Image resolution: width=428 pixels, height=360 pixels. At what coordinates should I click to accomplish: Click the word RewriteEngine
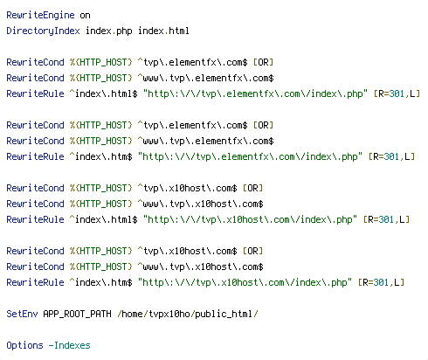(x=40, y=15)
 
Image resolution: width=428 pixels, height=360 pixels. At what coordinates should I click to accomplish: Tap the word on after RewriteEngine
(x=85, y=16)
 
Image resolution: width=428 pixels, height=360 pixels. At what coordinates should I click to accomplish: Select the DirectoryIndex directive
(x=43, y=31)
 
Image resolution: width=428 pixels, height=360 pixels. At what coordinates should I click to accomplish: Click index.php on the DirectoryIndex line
(x=109, y=31)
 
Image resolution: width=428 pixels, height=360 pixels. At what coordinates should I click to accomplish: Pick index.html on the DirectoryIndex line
(x=163, y=31)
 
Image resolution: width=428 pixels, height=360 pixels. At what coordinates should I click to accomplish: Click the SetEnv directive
(x=22, y=314)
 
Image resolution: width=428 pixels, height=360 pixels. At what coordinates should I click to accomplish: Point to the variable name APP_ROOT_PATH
(x=77, y=314)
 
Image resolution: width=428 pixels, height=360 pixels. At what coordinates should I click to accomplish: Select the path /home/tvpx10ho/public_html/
(x=188, y=314)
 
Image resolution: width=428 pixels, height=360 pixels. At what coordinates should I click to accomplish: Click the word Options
(x=24, y=345)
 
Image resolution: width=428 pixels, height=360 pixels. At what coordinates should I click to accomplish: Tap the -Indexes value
(x=69, y=345)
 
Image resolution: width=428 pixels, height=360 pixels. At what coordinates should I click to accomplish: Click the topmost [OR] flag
(x=263, y=62)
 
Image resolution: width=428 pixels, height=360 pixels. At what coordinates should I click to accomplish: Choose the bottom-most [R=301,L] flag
(x=381, y=282)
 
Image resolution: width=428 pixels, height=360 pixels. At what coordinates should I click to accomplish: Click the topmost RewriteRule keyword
(x=35, y=93)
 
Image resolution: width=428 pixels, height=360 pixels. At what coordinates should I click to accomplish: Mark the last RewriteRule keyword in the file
(x=35, y=282)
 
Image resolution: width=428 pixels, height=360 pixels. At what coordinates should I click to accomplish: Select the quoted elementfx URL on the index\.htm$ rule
(x=251, y=156)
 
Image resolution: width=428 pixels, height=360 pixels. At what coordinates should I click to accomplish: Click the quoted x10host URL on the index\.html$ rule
(x=251, y=219)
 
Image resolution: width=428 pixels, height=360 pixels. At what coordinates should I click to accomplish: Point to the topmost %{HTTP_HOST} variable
(x=101, y=62)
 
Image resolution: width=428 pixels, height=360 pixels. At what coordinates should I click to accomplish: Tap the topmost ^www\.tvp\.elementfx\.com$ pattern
(x=205, y=78)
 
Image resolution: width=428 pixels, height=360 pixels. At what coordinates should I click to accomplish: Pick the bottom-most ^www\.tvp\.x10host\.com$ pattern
(x=200, y=267)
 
